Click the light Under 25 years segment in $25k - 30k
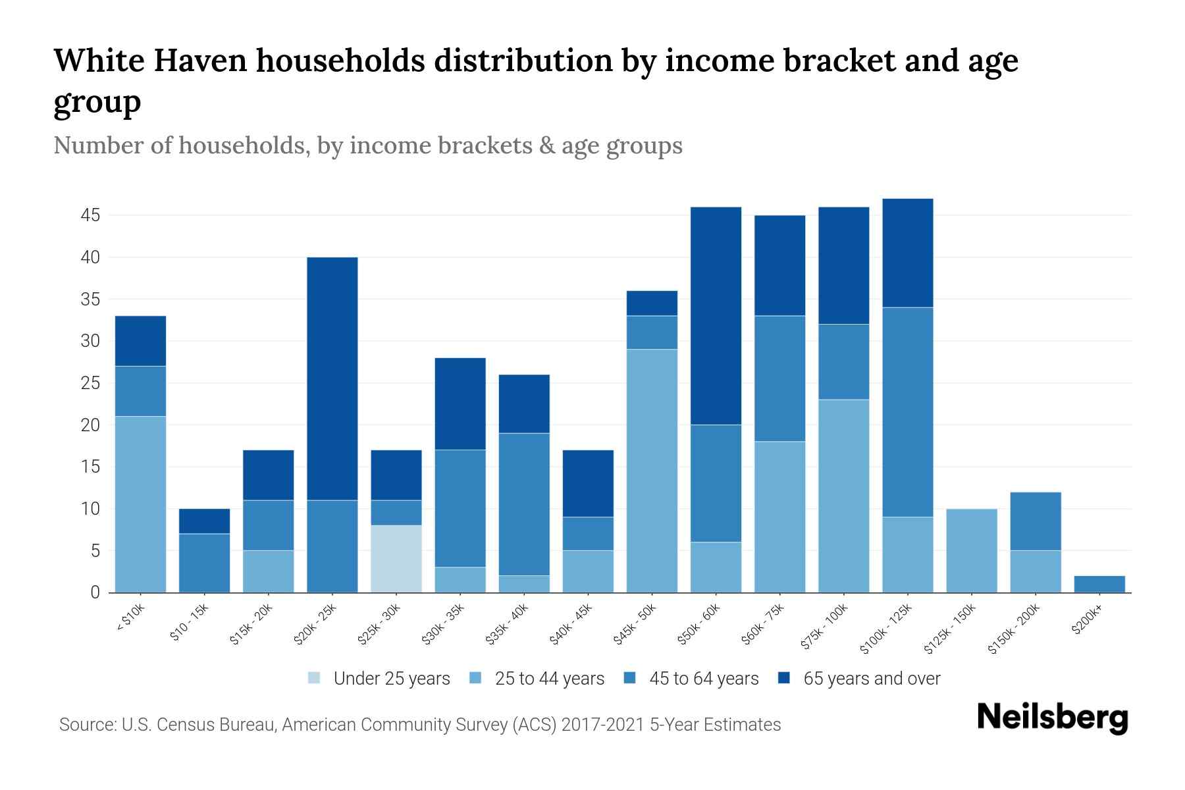(396, 559)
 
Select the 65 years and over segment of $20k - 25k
(332, 379)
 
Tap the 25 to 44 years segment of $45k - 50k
(652, 471)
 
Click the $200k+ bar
(1099, 584)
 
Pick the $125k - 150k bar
(972, 550)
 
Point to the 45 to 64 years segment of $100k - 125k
(908, 412)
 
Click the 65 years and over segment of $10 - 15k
(205, 521)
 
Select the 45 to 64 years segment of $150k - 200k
(1036, 521)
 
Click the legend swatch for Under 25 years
(315, 678)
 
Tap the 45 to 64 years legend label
(704, 679)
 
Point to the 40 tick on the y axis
(91, 257)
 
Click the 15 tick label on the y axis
(91, 467)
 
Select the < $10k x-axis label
(131, 619)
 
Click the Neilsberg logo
(1052, 718)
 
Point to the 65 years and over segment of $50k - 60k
(716, 316)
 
